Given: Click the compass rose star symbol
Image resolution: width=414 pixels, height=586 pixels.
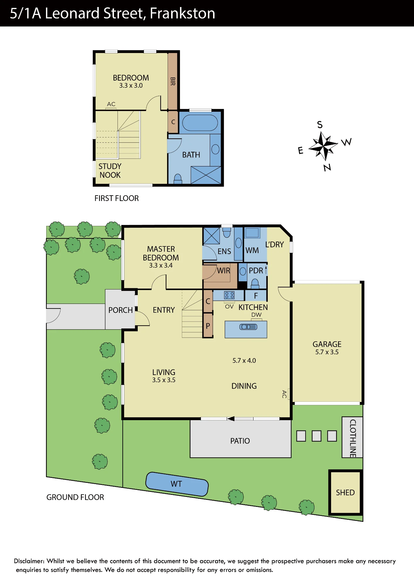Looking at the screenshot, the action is [323, 146].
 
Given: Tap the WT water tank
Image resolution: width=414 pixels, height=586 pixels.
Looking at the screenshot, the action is [177, 484].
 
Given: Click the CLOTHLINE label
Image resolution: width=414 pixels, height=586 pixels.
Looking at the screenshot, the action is [353, 438].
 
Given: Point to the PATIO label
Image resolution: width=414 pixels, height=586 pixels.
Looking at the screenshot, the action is [240, 441].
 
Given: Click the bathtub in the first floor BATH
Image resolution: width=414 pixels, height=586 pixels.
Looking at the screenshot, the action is [200, 123].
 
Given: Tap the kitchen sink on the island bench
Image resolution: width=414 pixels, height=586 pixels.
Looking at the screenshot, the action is [248, 327].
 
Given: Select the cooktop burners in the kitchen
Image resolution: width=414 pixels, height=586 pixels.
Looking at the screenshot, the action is [229, 295].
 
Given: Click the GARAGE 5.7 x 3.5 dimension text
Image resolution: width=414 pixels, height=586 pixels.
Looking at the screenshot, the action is [327, 352].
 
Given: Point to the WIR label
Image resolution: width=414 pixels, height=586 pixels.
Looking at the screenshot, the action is [224, 271].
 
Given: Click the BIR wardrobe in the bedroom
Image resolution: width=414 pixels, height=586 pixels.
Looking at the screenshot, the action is [173, 81].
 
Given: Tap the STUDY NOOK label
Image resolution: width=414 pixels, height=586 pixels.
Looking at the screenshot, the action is [110, 171].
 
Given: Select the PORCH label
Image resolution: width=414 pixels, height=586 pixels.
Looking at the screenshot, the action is [120, 310].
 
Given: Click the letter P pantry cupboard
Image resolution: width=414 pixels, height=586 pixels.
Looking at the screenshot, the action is [208, 325].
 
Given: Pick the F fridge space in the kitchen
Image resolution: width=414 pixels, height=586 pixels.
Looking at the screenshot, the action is [256, 296].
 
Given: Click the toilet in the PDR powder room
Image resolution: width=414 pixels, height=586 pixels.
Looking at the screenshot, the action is [255, 283].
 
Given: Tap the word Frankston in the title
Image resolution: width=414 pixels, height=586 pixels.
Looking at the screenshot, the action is [183, 13].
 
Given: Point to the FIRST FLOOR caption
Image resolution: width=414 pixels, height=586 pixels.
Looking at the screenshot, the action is [117, 198].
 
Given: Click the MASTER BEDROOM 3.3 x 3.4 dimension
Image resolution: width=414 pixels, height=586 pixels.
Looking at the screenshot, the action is [161, 265].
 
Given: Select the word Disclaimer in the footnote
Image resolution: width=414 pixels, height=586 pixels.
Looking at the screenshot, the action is [29, 561].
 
